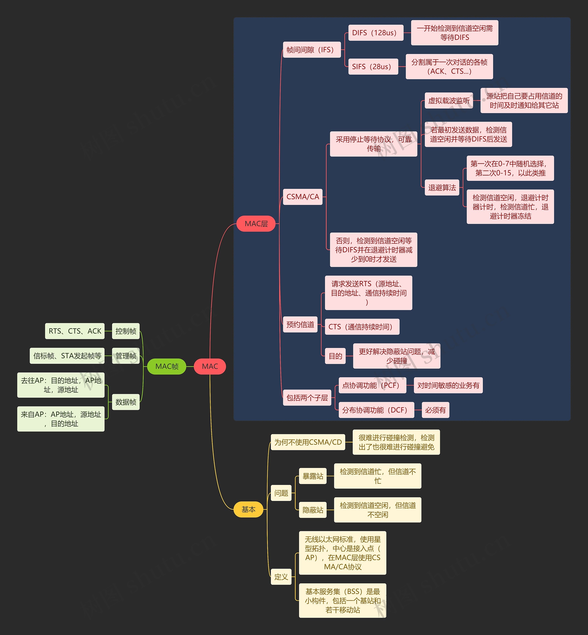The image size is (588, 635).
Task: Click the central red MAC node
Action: pyautogui.click(x=210, y=366)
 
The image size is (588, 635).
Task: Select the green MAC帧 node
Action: pyautogui.click(x=167, y=366)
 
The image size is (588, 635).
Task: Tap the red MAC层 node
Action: pyautogui.click(x=256, y=224)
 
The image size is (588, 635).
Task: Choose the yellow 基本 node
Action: pyautogui.click(x=248, y=509)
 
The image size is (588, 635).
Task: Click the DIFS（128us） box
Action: pyautogui.click(x=376, y=33)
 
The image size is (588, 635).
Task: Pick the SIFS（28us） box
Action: pyautogui.click(x=373, y=67)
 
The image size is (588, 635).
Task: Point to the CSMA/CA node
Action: pyautogui.click(x=302, y=196)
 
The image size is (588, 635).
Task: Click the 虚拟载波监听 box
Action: pyautogui.click(x=449, y=101)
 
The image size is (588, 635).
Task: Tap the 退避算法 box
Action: pyautogui.click(x=442, y=187)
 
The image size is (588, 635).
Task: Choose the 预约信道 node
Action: pyautogui.click(x=300, y=324)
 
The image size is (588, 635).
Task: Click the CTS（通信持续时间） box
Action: pyautogui.click(x=362, y=327)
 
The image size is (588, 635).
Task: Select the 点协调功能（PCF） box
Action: pyautogui.click(x=372, y=385)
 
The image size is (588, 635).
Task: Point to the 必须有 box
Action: pyautogui.click(x=435, y=410)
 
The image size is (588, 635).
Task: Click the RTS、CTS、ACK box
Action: pyautogui.click(x=75, y=331)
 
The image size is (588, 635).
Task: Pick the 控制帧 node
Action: pyautogui.click(x=126, y=331)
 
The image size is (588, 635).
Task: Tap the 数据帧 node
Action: pyautogui.click(x=126, y=402)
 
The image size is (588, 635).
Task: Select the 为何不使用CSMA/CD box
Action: pyautogui.click(x=308, y=442)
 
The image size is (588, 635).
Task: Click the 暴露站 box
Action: pyautogui.click(x=313, y=476)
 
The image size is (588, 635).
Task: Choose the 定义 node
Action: pyautogui.click(x=281, y=576)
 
